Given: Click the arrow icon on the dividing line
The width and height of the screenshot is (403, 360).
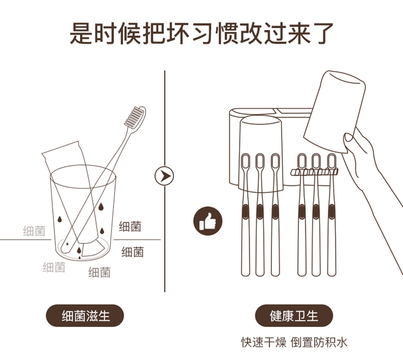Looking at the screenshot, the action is [x=164, y=176].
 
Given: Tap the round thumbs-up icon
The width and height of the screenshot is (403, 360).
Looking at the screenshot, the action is [x=207, y=221].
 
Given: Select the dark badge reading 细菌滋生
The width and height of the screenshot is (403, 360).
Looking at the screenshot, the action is [x=85, y=315].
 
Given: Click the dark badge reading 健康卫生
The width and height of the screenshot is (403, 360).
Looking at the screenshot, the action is [x=294, y=315].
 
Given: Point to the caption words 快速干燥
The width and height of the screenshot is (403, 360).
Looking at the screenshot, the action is [x=263, y=342].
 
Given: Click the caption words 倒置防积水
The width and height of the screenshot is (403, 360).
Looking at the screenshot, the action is [x=319, y=342].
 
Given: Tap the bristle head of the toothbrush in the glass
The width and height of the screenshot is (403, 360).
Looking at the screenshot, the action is [x=135, y=118].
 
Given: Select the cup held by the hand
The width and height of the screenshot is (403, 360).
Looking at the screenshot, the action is [x=334, y=112].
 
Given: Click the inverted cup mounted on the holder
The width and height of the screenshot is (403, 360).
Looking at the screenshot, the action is [x=261, y=154].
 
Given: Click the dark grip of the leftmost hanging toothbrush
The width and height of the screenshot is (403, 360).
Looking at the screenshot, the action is [x=246, y=212].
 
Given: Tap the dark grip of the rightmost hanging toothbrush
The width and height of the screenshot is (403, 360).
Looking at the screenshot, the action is [x=332, y=212].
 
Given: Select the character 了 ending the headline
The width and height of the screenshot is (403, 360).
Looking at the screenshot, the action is [x=322, y=33].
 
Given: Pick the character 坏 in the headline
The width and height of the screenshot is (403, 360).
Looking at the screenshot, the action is [x=178, y=33].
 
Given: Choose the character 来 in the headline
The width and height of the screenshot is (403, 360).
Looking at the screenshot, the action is [x=298, y=33].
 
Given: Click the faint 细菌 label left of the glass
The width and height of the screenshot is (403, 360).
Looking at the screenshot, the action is [x=34, y=231].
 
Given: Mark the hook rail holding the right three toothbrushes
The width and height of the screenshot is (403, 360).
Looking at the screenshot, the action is [x=314, y=171].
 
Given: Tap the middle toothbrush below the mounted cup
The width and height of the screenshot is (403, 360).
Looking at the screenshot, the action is [x=260, y=215].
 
